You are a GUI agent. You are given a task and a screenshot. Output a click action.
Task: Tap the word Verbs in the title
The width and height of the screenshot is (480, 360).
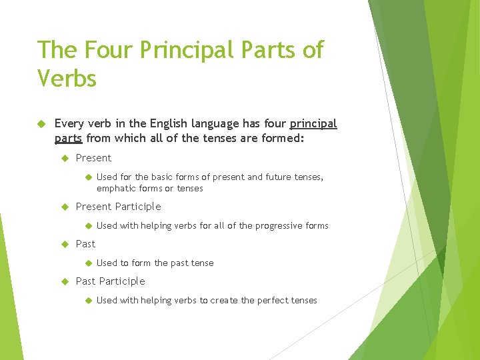click(x=67, y=79)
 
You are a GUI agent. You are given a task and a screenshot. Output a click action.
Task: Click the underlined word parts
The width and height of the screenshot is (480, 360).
click(x=69, y=139)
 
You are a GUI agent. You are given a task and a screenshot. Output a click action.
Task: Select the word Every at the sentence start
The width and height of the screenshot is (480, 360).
click(x=69, y=123)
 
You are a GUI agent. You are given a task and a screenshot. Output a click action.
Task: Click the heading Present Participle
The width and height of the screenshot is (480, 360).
click(x=119, y=207)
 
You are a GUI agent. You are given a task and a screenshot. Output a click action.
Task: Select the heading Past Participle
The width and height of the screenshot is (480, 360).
click(x=110, y=281)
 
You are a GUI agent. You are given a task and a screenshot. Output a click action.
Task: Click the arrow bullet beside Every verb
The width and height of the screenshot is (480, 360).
click(x=41, y=123)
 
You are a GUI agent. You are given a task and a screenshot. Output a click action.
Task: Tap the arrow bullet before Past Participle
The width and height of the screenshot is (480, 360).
click(x=65, y=281)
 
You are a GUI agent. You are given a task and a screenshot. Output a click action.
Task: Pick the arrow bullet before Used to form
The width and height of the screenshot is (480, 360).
click(x=87, y=263)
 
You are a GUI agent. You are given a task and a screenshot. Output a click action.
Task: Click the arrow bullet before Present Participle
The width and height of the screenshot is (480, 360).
click(x=65, y=207)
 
